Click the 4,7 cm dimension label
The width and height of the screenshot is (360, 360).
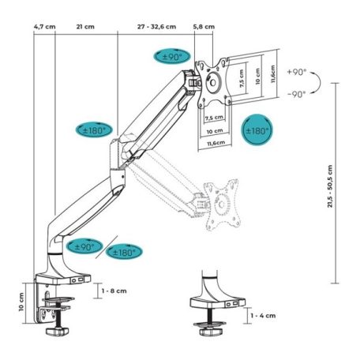click(x=45, y=25)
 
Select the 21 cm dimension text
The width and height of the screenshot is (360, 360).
click(x=81, y=25)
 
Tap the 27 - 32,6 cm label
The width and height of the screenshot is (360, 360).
click(x=159, y=25)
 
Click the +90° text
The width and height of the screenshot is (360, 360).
click(x=297, y=71)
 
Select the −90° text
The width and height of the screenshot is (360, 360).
click(x=297, y=94)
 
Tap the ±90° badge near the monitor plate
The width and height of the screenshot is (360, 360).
click(x=172, y=57)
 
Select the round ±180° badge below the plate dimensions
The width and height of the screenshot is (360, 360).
click(x=258, y=130)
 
